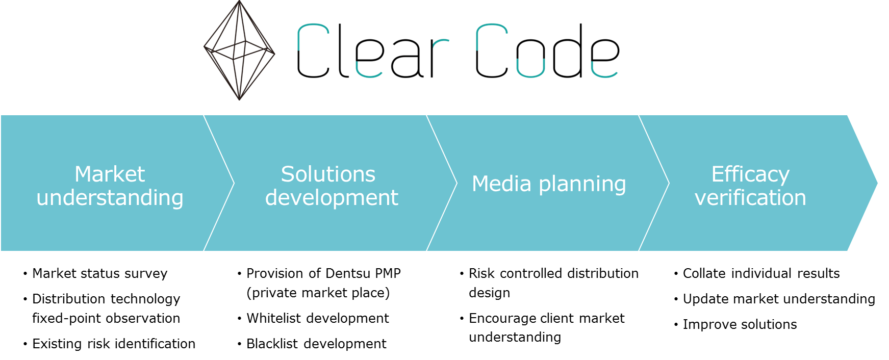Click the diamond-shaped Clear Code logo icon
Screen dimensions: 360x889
pos(239,50)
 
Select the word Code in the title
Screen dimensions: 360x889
pos(547,52)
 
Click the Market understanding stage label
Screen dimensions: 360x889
pos(110,186)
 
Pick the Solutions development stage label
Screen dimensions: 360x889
pos(331,186)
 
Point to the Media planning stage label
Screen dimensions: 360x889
pos(549,184)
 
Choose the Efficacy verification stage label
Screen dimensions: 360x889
pos(750,186)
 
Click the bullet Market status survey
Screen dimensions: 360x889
pos(100,273)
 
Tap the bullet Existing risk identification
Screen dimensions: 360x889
pos(114,344)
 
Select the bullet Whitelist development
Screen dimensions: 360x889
pos(318,318)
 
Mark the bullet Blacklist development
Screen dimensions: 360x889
pos(316,344)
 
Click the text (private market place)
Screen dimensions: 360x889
pos(318,293)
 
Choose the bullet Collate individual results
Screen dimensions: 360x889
pos(761,273)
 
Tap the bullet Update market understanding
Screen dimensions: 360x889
pos(779,299)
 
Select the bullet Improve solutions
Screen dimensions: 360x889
pos(740,324)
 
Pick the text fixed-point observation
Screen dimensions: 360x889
pos(106,318)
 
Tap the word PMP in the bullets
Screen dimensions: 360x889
pos(388,273)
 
